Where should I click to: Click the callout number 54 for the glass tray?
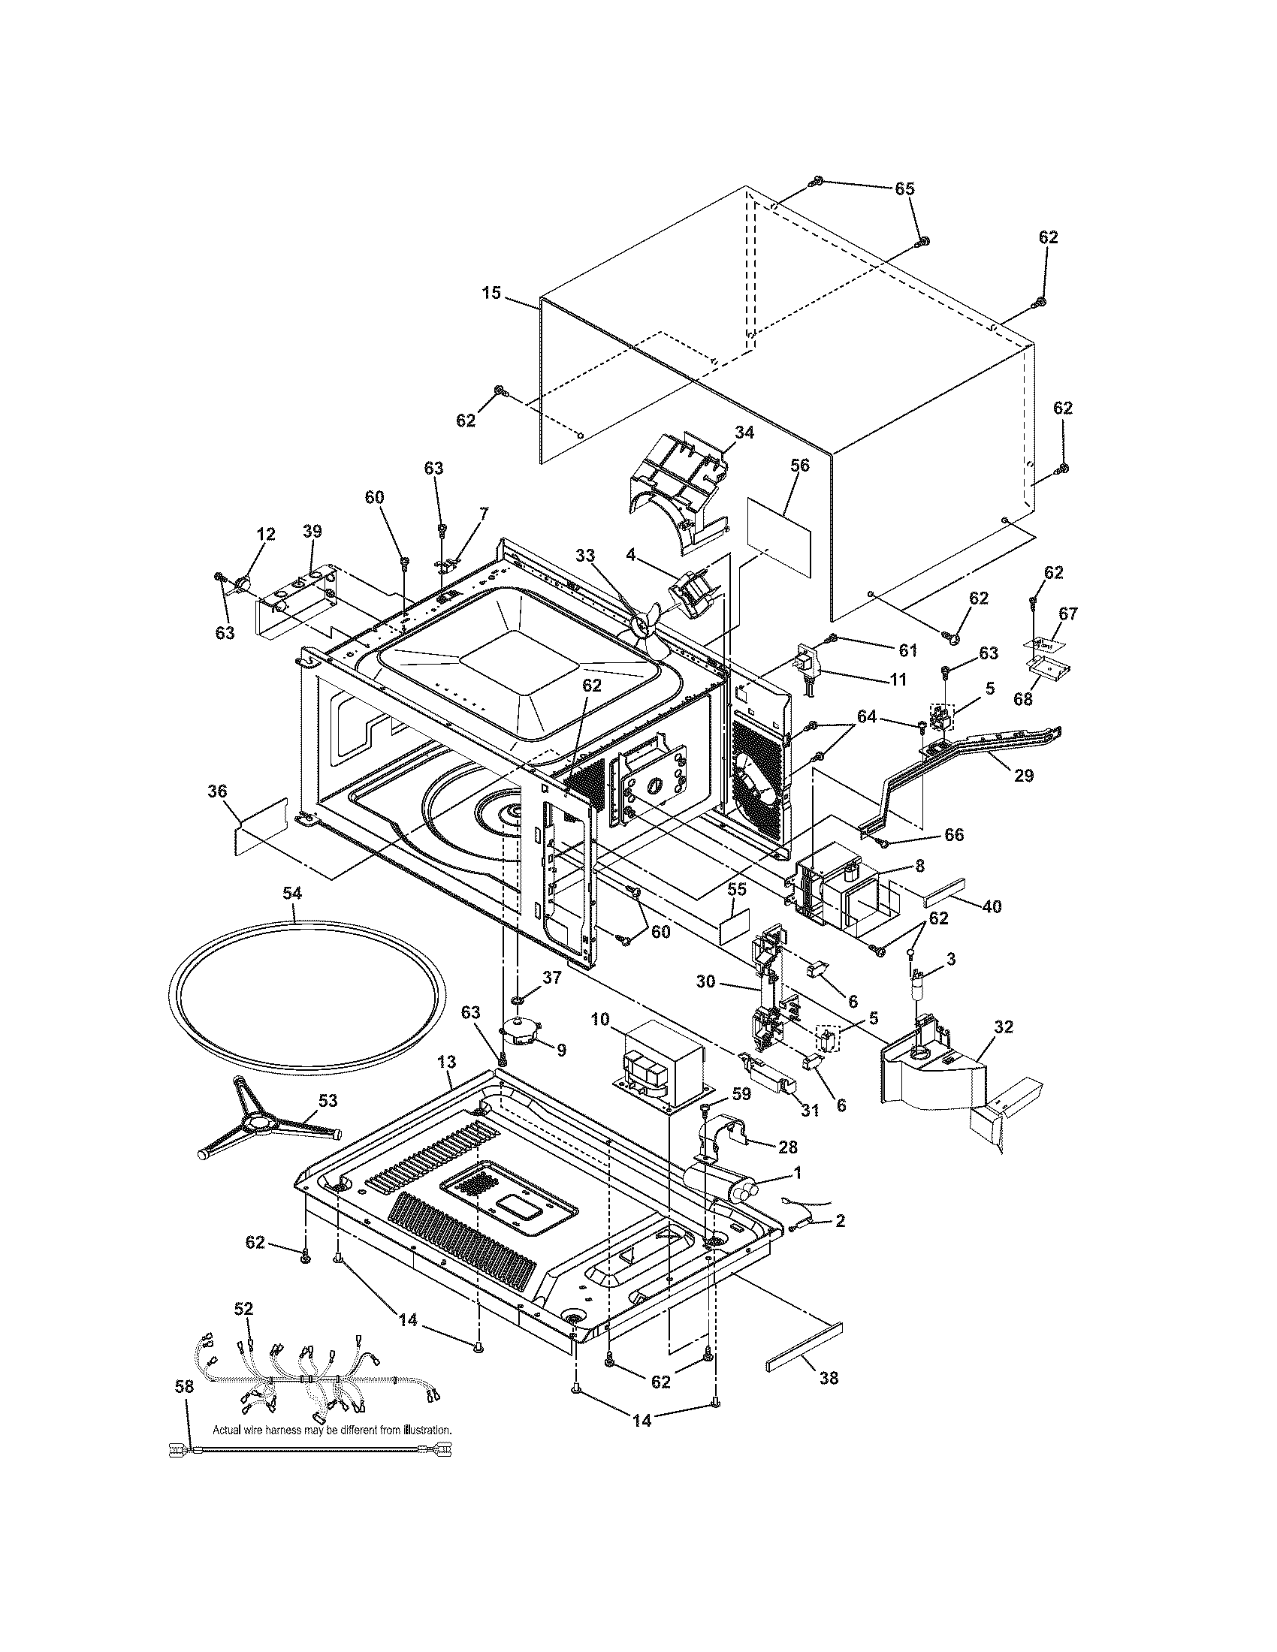point(292,894)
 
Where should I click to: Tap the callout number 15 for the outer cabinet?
point(492,292)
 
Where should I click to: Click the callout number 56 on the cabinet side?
point(800,466)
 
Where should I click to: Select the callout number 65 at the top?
point(906,188)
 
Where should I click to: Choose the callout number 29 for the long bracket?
point(1024,776)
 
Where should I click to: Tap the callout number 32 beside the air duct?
point(1004,1027)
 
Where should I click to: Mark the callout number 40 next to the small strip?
point(992,906)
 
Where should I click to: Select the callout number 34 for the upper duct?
point(744,433)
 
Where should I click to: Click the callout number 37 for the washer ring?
point(552,978)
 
